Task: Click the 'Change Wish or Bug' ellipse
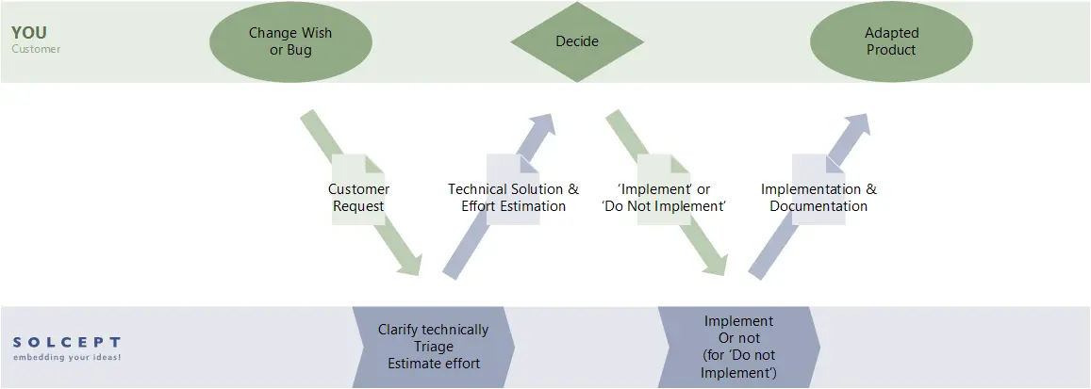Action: (290, 41)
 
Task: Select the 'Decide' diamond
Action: (577, 41)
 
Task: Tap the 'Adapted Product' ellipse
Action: (891, 41)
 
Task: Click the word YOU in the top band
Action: (29, 33)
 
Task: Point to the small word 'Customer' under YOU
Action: (36, 49)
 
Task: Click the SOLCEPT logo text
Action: (66, 343)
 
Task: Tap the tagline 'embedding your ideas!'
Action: (66, 358)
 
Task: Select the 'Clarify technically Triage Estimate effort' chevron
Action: (434, 347)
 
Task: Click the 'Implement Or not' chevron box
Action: (738, 347)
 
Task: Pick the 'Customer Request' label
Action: (358, 198)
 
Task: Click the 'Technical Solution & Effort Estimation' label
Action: (513, 198)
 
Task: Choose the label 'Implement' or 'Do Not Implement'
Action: (664, 198)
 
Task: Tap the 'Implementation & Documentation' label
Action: (818, 198)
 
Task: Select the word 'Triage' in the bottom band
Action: (434, 347)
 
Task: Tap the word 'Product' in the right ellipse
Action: (891, 50)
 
